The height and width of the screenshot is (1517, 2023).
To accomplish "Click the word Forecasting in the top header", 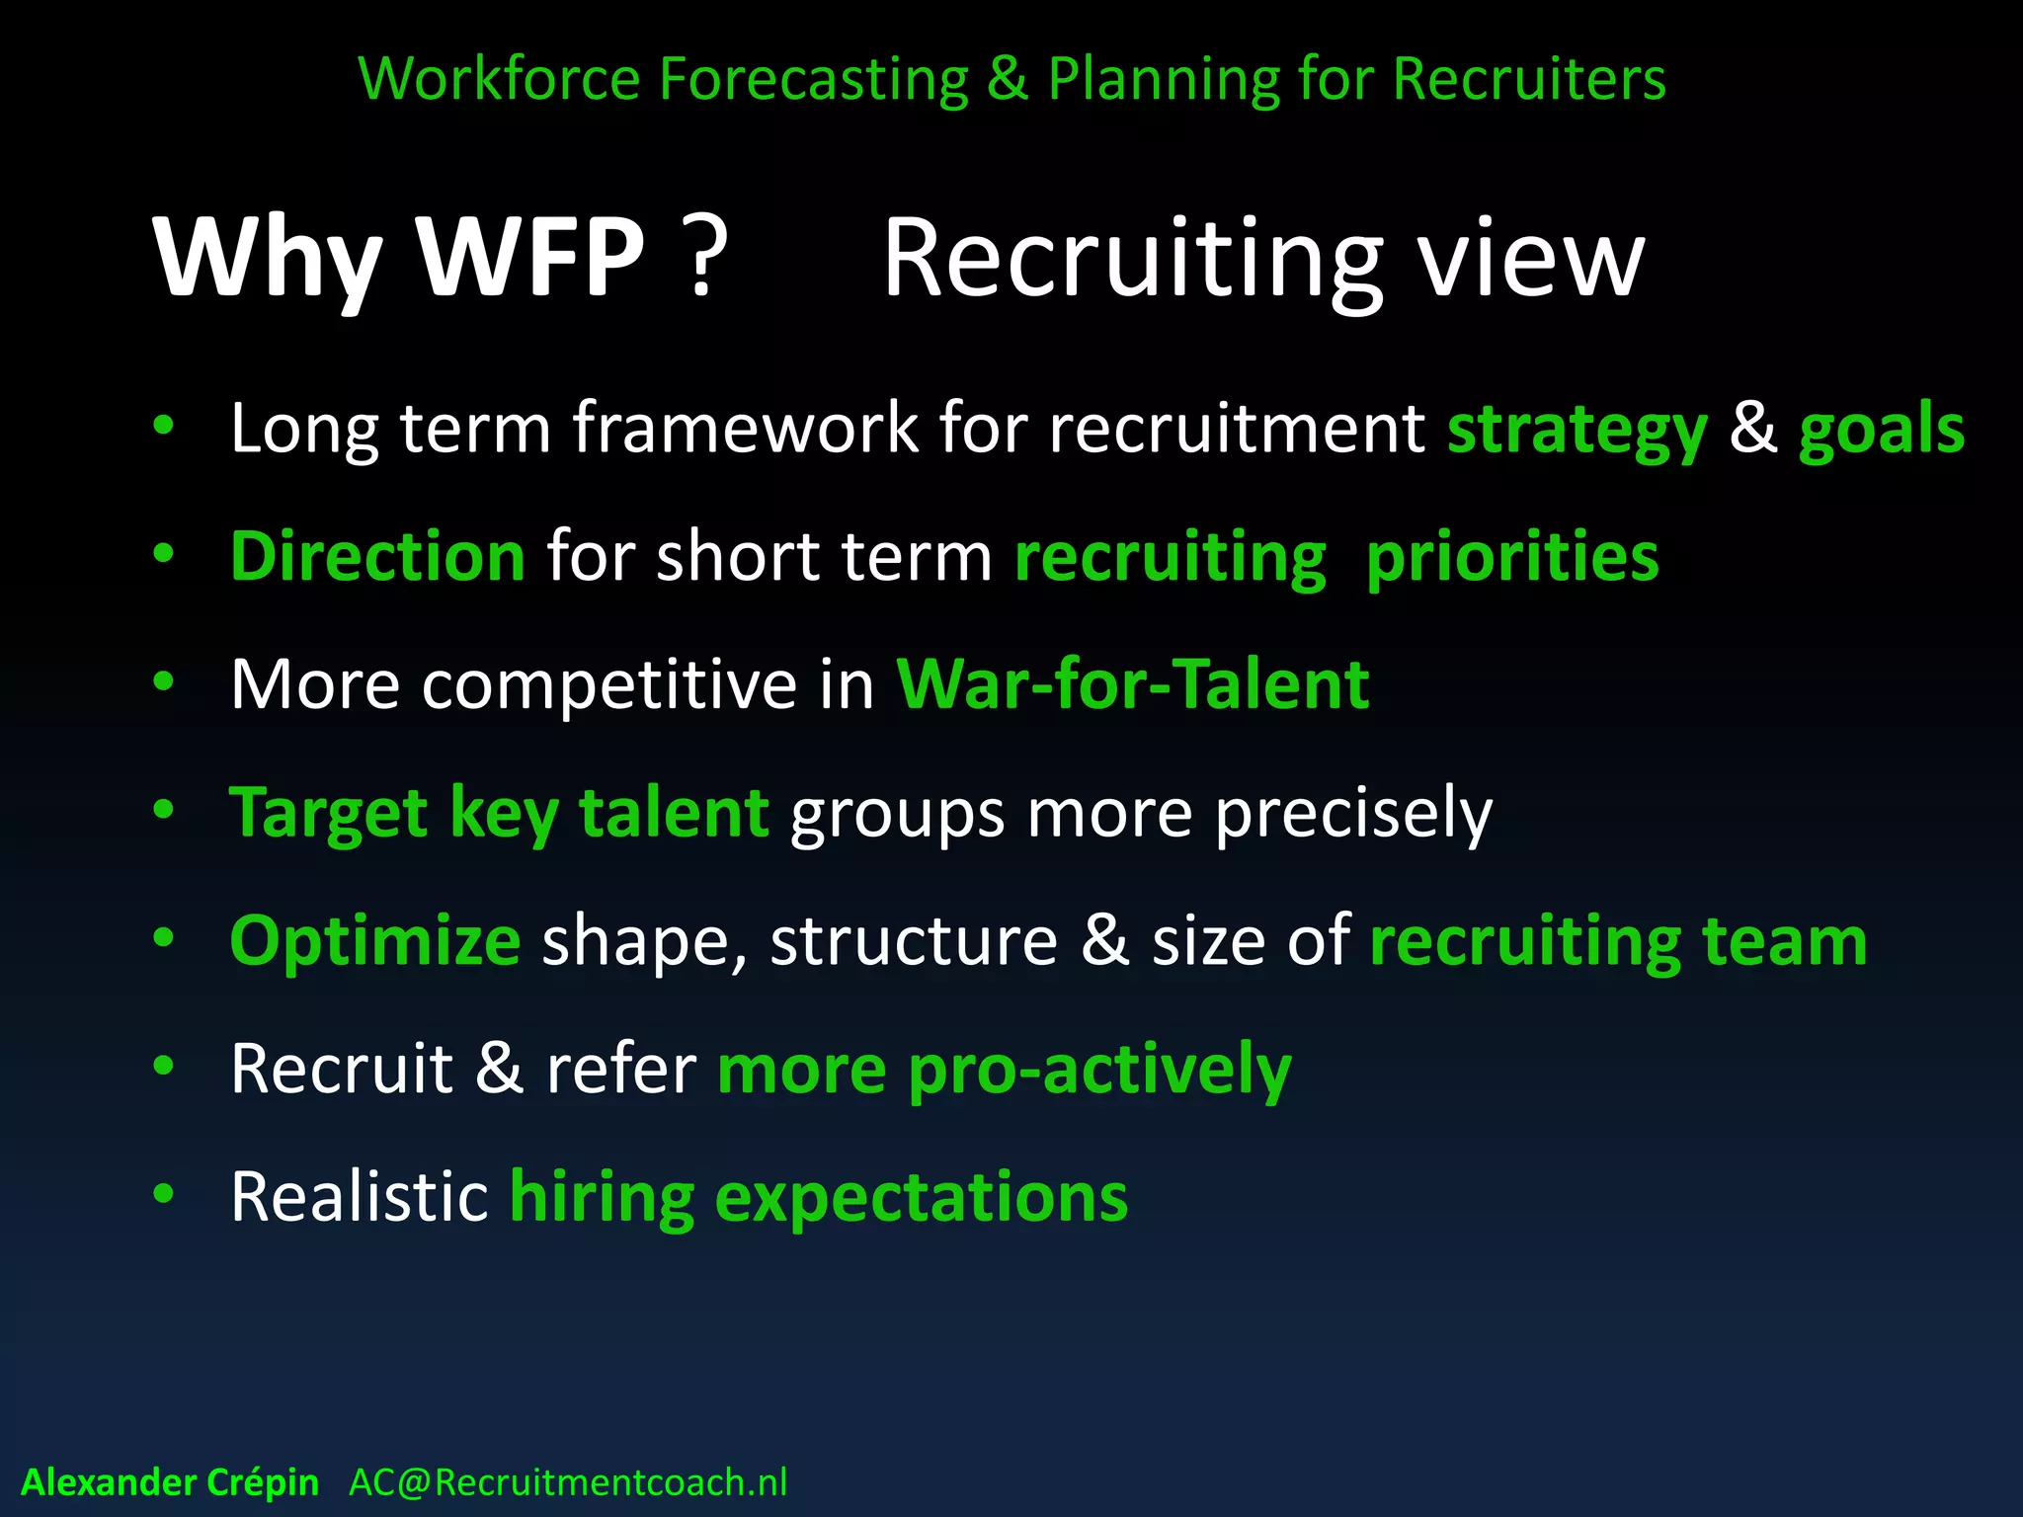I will click(813, 79).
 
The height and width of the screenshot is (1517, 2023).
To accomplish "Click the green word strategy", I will click(1577, 431).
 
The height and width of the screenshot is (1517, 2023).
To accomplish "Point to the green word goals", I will click(1881, 431).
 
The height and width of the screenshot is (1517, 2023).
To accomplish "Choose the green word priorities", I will click(1511, 559).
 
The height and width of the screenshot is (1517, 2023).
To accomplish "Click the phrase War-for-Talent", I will click(1132, 683).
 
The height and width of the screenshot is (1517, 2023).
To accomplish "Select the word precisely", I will click(1353, 815).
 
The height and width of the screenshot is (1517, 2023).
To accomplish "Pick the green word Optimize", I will click(374, 941).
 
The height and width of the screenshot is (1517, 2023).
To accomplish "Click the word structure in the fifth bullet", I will click(914, 941).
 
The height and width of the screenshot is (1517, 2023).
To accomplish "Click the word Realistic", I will click(359, 1196).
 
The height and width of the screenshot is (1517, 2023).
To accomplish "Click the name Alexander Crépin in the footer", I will click(170, 1482).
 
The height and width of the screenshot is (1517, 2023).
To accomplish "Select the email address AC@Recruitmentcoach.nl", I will click(568, 1482).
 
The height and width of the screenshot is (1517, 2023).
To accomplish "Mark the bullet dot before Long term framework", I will click(164, 426).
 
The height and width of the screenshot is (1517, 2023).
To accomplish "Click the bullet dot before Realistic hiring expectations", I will click(164, 1193).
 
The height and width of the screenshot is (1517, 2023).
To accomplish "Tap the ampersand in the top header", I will click(1007, 79).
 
